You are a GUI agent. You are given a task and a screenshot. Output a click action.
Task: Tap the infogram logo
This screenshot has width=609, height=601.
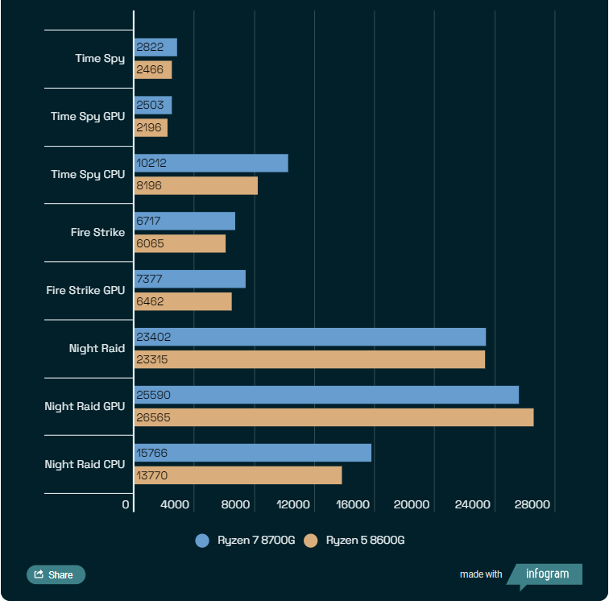[547, 574]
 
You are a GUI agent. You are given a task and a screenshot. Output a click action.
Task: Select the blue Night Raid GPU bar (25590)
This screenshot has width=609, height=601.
[325, 395]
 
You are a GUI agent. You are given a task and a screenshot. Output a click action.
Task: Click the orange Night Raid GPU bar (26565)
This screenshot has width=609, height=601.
[333, 417]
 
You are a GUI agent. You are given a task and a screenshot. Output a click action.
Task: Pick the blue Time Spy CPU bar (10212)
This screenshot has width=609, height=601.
[211, 163]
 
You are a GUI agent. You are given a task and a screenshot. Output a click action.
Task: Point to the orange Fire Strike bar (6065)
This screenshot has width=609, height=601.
[180, 243]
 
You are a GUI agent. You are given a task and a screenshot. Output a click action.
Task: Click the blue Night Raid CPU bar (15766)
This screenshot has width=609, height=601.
[252, 453]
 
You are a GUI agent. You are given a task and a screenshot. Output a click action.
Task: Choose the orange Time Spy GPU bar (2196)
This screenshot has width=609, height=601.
[151, 127]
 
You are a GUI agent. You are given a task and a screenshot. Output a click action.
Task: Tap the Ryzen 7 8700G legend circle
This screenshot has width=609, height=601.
[202, 541]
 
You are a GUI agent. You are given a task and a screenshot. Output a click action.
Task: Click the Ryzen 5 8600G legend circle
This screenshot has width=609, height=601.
[311, 541]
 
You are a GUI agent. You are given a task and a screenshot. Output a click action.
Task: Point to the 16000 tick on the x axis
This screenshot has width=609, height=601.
[351, 505]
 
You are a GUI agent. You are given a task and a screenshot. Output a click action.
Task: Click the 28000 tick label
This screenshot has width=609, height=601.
[532, 505]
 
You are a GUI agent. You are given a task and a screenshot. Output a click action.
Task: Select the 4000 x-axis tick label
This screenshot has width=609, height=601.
[175, 505]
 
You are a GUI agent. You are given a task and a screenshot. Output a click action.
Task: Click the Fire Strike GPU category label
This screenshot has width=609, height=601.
[85, 290]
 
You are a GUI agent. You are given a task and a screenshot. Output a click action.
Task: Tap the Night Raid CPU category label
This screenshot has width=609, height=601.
[85, 464]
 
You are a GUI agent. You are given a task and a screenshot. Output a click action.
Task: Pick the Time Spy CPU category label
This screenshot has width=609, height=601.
[88, 174]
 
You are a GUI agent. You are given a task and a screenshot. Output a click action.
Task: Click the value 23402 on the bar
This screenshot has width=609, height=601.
[154, 337]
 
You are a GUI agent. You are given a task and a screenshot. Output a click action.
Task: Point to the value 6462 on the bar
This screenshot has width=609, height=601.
[151, 301]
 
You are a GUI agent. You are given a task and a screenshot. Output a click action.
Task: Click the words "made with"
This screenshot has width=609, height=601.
[481, 574]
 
